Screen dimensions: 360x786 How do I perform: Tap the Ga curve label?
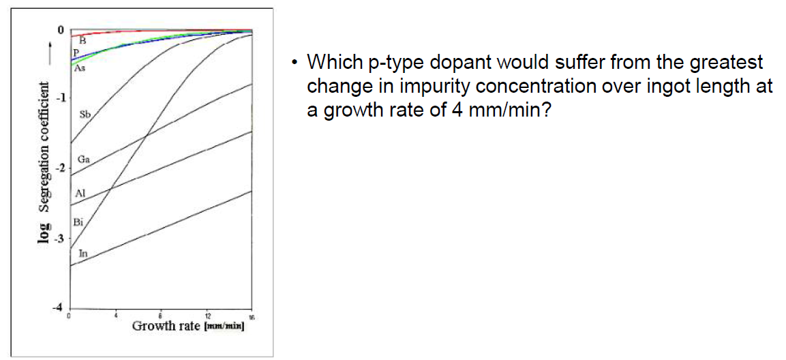(84, 158)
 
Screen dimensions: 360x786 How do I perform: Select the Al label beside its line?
(80, 193)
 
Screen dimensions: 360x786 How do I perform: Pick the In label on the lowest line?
(82, 253)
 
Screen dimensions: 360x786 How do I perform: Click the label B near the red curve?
(82, 40)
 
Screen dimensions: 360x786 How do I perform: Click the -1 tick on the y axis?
(59, 98)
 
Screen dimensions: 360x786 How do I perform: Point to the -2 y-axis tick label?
(59, 168)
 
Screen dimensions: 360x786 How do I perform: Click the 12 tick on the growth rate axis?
(207, 316)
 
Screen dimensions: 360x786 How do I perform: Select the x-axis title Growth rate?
(166, 325)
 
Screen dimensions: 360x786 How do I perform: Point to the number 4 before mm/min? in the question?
(457, 110)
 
